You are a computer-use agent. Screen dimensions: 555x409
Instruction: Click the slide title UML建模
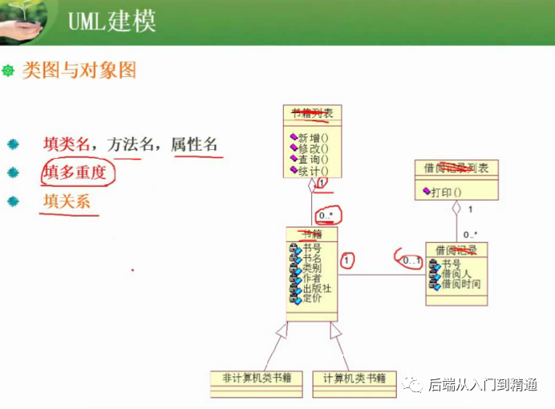tap(112, 22)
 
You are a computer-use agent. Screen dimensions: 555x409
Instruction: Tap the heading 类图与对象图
tap(79, 71)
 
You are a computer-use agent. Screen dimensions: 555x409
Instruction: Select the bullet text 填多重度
tap(75, 172)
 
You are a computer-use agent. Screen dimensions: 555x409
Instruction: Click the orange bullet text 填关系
tap(67, 200)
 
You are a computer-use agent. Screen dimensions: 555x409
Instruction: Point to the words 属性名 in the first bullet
tap(194, 144)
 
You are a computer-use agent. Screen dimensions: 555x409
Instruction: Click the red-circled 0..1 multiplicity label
tap(411, 261)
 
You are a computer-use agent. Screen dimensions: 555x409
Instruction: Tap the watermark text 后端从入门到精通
tap(482, 385)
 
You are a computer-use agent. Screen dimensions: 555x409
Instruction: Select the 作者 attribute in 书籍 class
tap(312, 279)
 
